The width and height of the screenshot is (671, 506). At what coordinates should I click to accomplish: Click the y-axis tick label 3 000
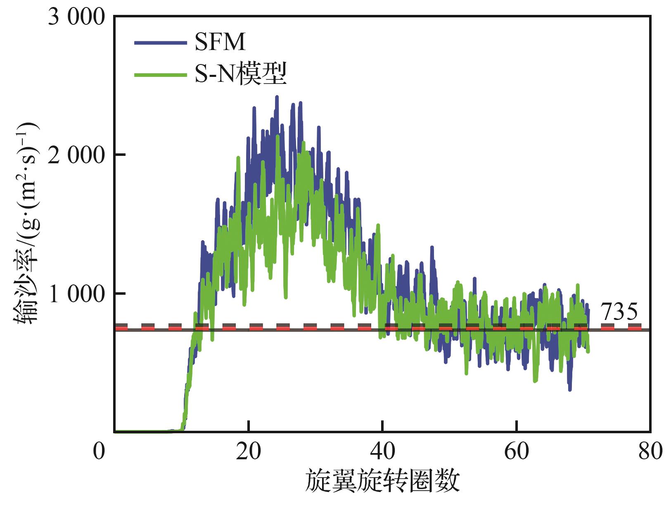pyautogui.click(x=76, y=17)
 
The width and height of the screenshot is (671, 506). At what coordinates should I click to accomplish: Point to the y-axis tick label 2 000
pyautogui.click(x=76, y=155)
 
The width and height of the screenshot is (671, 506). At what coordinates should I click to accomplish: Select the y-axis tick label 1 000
pyautogui.click(x=76, y=294)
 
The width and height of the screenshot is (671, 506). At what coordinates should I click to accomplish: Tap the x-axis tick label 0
pyautogui.click(x=99, y=451)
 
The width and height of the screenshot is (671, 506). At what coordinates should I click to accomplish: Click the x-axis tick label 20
pyautogui.click(x=248, y=451)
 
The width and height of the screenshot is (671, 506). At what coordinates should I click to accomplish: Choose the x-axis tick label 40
pyautogui.click(x=382, y=451)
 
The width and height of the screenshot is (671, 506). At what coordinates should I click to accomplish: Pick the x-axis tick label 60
pyautogui.click(x=516, y=451)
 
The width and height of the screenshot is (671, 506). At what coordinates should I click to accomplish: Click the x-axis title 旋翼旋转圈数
pyautogui.click(x=382, y=481)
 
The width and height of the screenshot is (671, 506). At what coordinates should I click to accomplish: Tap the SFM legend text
pyautogui.click(x=220, y=42)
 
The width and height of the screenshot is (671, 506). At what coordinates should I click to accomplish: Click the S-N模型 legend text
pyautogui.click(x=241, y=74)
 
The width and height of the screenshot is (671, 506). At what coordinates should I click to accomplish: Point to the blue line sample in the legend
pyautogui.click(x=161, y=43)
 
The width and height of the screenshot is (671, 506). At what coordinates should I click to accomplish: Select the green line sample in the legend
pyautogui.click(x=161, y=75)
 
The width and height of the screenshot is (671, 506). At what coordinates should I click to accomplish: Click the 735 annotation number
pyautogui.click(x=620, y=312)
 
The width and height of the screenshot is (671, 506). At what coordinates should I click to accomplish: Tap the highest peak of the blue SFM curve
pyautogui.click(x=277, y=97)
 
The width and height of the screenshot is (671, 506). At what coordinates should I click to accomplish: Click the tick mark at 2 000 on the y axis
pyautogui.click(x=120, y=155)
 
